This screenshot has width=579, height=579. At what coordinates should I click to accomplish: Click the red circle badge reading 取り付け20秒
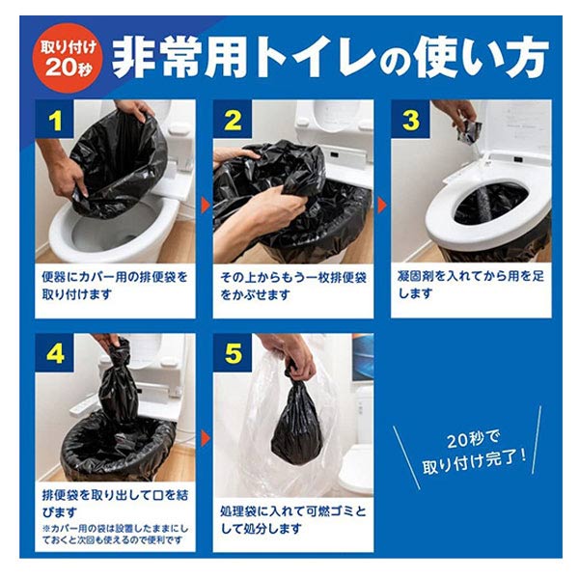[x=68, y=57]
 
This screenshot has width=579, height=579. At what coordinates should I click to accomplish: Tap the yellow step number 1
[x=55, y=121]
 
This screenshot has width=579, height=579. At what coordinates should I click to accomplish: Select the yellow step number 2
[x=234, y=121]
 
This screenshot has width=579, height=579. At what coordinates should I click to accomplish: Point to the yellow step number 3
[x=411, y=121]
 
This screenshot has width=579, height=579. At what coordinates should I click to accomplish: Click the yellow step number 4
[x=55, y=354]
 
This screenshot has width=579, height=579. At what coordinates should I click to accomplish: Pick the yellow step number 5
[x=234, y=354]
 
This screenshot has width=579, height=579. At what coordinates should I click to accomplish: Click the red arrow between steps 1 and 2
[x=206, y=206]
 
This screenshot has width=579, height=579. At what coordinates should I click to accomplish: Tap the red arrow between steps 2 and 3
[x=382, y=206]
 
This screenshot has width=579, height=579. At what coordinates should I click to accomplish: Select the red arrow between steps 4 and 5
[x=206, y=438]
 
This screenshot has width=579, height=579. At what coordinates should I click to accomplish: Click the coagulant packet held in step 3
[x=469, y=131]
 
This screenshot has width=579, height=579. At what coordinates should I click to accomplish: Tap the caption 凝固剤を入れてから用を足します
[x=471, y=285]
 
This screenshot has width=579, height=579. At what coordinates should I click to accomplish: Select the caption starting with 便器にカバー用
[x=115, y=286]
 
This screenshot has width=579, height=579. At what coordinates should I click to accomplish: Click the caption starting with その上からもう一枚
[x=292, y=286]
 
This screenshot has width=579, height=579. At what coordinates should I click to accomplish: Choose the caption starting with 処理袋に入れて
[x=292, y=520]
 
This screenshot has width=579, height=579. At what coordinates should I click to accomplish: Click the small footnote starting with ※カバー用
[x=115, y=535]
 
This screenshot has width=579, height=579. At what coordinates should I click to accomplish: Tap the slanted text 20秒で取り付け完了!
[x=474, y=452]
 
